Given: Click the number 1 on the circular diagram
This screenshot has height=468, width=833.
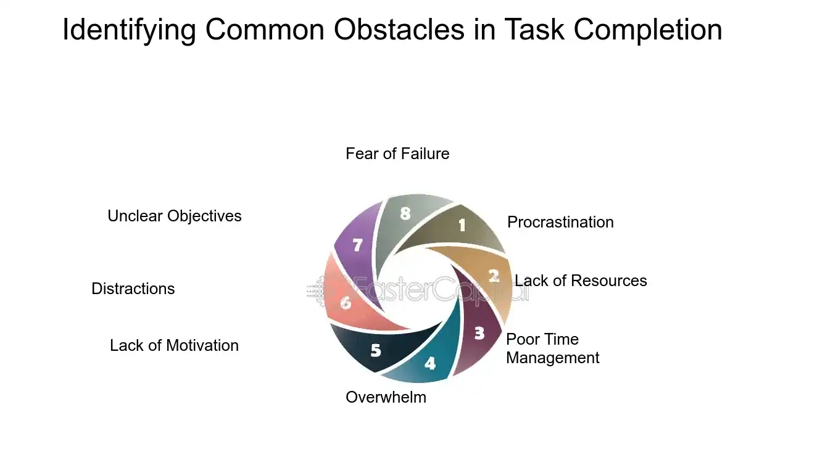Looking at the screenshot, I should [x=462, y=226].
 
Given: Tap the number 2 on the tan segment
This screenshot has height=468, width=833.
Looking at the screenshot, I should [x=494, y=276].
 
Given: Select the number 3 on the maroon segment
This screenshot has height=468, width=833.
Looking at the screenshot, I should [x=479, y=334].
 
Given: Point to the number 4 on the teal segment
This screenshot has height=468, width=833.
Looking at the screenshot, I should [x=430, y=363].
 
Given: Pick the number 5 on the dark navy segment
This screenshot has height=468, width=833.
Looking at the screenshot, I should [x=376, y=351].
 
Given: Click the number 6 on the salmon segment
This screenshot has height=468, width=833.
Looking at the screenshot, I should [x=346, y=303].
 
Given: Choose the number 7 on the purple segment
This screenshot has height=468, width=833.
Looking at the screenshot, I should [x=357, y=245].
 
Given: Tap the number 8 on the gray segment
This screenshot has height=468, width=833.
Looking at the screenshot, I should [x=405, y=213].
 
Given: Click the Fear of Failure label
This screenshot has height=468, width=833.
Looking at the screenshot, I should [x=397, y=154].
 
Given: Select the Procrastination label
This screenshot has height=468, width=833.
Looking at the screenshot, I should [x=560, y=222].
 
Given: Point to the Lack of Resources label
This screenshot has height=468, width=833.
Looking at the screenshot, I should [x=581, y=281].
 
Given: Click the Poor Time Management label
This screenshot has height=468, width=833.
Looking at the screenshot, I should [x=552, y=348].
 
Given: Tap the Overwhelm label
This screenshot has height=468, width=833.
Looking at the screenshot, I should [x=386, y=397].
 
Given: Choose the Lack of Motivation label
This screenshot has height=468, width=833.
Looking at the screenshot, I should [x=174, y=345].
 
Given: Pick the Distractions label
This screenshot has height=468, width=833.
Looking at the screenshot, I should [x=133, y=289].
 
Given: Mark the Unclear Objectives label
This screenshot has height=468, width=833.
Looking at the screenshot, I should [x=175, y=216].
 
